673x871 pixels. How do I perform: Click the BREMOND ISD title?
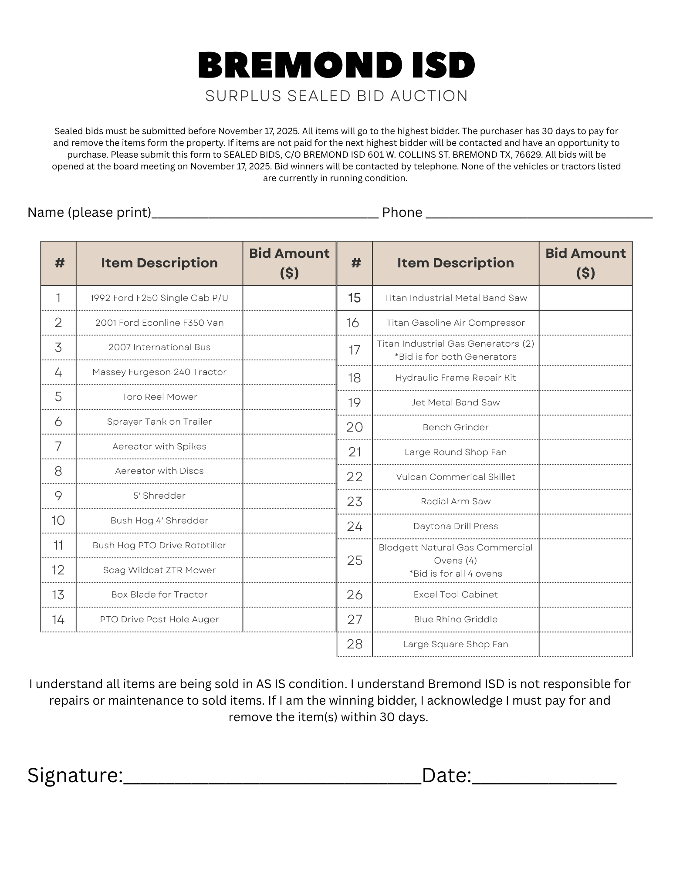tap(336, 65)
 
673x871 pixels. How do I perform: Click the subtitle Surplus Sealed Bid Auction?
tap(336, 96)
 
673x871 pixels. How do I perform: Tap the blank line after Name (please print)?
tap(265, 213)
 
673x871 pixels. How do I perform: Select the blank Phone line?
tap(539, 213)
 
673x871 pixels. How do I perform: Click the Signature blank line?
tap(272, 777)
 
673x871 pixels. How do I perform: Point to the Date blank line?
tap(544, 777)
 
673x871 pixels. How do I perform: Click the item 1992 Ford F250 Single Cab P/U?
tap(159, 298)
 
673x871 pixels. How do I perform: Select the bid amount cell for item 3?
tap(289, 348)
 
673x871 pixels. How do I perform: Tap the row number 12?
tap(58, 570)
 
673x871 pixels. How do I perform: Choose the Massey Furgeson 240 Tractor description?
tap(159, 372)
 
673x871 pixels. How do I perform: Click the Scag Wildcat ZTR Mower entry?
tap(159, 570)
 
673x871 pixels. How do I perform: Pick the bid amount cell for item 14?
tap(289, 620)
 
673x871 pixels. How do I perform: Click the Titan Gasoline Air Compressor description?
tap(456, 323)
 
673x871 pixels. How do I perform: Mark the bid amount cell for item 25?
tap(585, 560)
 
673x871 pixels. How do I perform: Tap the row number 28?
tap(355, 644)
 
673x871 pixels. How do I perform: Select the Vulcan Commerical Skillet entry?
tap(456, 477)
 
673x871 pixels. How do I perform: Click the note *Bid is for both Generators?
tap(456, 357)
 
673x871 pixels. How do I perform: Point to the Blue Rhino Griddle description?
tap(456, 620)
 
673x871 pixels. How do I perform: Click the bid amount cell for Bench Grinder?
tap(585, 427)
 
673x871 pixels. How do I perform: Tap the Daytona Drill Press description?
tap(456, 527)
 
